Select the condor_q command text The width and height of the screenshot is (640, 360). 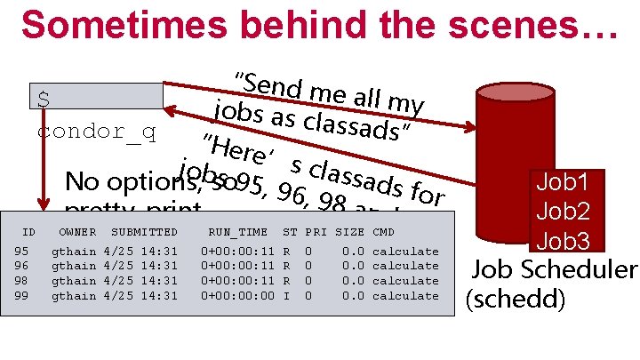coord(97,132)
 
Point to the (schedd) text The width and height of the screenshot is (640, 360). coord(516,300)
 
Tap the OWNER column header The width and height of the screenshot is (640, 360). coord(77,232)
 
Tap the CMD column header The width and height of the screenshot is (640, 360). coord(384,232)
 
